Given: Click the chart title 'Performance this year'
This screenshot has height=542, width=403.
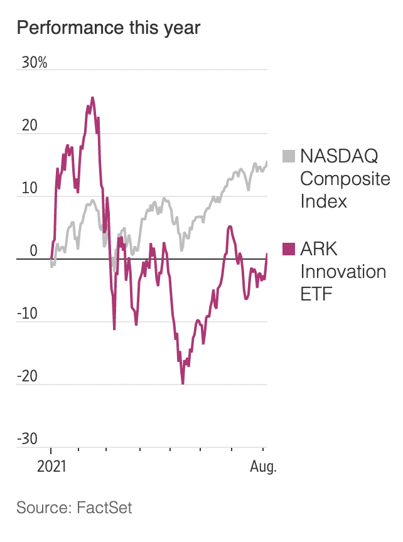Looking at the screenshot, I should point(108,28).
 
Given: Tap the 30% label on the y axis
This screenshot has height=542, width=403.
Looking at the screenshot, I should point(34,63).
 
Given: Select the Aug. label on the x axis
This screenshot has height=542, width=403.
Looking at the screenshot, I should point(262,467).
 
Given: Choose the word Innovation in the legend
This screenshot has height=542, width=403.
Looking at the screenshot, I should point(343,272).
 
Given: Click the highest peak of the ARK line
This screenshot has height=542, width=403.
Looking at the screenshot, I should point(92,98).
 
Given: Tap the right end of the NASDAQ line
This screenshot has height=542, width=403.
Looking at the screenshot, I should point(267,162).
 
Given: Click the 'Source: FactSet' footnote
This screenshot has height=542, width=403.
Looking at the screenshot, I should point(74,507).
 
